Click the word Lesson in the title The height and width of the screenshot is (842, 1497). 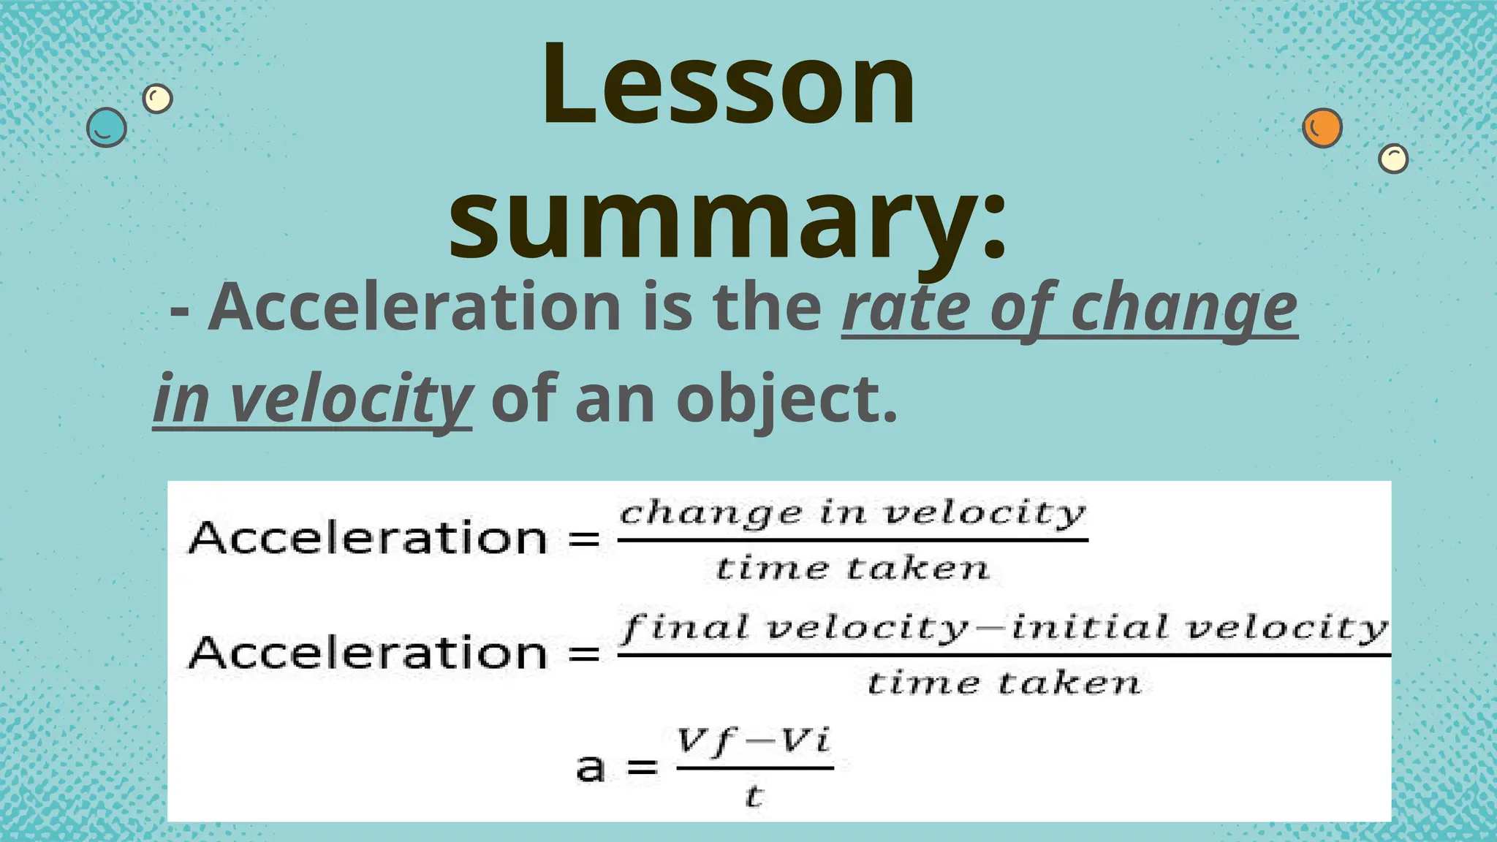point(728,86)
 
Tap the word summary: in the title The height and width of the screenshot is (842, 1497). point(728,219)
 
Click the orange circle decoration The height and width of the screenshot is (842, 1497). point(1322,128)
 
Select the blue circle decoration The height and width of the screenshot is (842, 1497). point(107,128)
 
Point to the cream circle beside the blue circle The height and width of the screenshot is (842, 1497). point(157,98)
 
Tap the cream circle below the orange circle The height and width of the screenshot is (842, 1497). point(1393,159)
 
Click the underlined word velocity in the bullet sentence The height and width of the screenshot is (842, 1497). point(351,399)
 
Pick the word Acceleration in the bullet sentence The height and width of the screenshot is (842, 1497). point(414,307)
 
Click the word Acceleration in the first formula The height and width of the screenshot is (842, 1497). point(368,538)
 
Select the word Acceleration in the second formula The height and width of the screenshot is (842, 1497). point(368,652)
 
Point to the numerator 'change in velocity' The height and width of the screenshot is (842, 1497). point(853,514)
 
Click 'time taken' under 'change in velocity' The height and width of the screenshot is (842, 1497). point(853,568)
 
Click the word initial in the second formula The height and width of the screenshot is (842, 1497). point(1090,627)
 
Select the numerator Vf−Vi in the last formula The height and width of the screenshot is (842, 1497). point(754,743)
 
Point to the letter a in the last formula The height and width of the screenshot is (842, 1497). point(591,768)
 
